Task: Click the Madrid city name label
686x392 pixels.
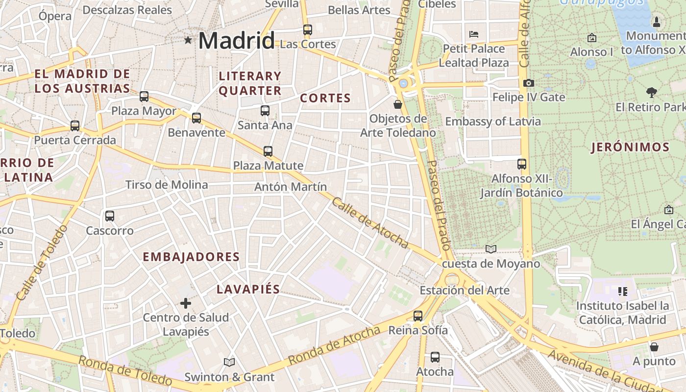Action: (x=236, y=40)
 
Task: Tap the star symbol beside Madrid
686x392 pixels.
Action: (x=188, y=40)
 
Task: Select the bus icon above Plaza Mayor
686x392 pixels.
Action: (x=144, y=97)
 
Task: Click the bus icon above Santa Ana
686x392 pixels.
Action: (x=265, y=111)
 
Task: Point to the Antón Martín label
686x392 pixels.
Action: (x=291, y=187)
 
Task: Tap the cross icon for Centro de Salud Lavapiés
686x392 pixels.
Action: (x=186, y=303)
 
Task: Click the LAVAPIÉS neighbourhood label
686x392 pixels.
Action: (x=248, y=289)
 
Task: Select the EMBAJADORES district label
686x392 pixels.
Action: (x=191, y=257)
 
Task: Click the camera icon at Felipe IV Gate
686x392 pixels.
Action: (x=528, y=83)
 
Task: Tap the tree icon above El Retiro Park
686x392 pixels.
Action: (x=651, y=92)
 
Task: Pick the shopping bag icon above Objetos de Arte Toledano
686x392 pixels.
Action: (x=398, y=104)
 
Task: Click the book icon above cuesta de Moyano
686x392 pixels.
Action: (x=491, y=249)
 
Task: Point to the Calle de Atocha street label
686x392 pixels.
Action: (x=370, y=222)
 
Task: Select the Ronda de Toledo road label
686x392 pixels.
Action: (x=125, y=370)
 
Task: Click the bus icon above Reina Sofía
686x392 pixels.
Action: (x=418, y=316)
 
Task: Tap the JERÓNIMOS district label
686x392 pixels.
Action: (x=630, y=147)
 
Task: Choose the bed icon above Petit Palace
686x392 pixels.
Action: (x=474, y=34)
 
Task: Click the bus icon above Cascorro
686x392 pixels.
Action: (x=110, y=216)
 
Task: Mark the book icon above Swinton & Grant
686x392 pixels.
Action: (x=229, y=363)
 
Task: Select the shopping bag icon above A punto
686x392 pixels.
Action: (x=654, y=347)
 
